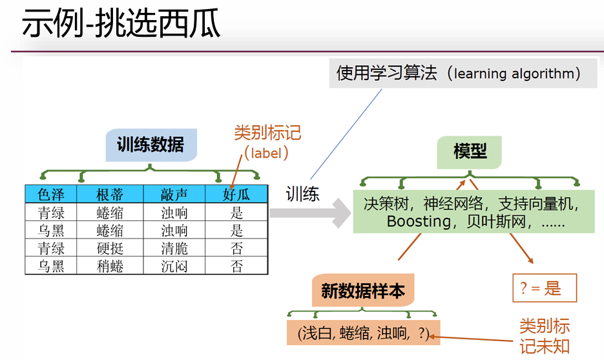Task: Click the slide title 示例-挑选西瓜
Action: click(121, 23)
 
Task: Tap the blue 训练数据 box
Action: click(151, 145)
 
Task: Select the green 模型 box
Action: click(469, 152)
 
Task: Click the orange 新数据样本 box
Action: click(363, 290)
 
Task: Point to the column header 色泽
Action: click(51, 195)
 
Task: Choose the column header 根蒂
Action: click(110, 195)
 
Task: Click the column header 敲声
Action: click(174, 195)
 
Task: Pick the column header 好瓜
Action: click(236, 195)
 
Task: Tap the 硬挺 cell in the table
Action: click(110, 248)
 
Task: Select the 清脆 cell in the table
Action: click(174, 248)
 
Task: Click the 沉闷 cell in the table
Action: click(174, 266)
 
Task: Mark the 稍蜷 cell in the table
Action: click(110, 266)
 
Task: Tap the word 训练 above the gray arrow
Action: click(302, 193)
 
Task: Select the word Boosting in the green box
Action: click(419, 222)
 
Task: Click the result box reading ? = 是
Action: click(545, 288)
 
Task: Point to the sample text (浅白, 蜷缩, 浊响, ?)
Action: click(363, 333)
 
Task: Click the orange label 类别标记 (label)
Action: click(267, 143)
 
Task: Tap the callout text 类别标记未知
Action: click(545, 336)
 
